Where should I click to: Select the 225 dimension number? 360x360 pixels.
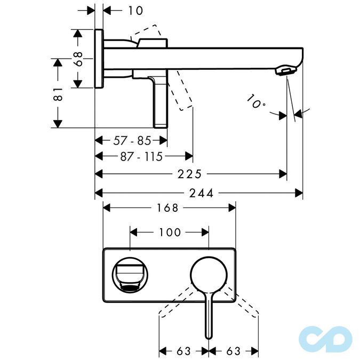[190, 174]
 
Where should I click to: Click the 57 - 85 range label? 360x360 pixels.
[132, 141]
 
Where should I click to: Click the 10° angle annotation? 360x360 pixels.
[256, 101]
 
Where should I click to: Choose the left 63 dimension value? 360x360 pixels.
[183, 351]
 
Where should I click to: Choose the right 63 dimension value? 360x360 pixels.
[233, 351]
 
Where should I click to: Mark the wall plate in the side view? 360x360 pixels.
[99, 59]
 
